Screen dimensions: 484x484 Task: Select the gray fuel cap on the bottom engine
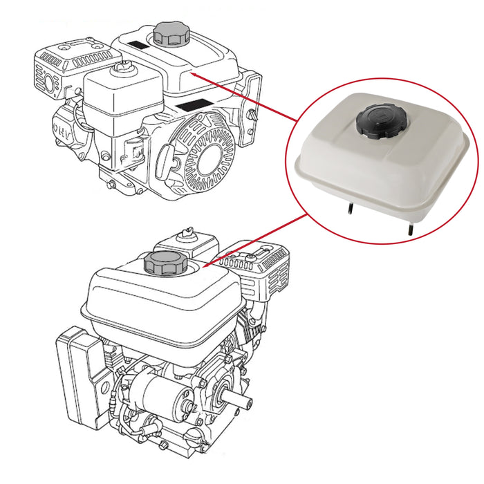pos(165,263)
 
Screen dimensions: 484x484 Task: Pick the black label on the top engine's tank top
pos(138,43)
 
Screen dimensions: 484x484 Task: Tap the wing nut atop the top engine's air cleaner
pos(124,66)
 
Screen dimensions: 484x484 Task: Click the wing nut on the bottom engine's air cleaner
pos(186,235)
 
